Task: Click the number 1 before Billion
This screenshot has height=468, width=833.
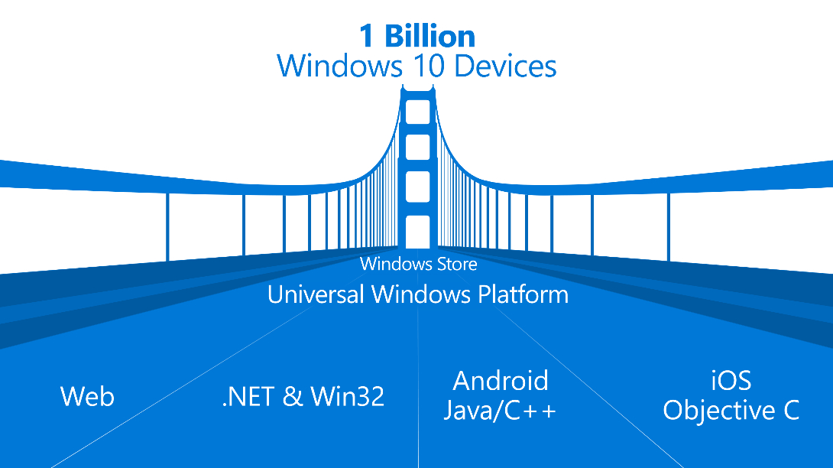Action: (x=367, y=36)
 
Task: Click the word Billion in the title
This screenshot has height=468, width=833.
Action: (x=429, y=36)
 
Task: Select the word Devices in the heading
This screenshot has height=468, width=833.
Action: (x=505, y=66)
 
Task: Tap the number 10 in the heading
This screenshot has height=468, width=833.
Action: (x=428, y=67)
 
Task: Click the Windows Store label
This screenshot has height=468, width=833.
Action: (x=419, y=264)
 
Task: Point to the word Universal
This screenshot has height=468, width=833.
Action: (x=316, y=294)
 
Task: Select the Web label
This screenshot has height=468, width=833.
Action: (x=87, y=396)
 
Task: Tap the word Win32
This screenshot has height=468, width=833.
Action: (x=348, y=397)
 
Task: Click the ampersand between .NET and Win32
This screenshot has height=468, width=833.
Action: (x=292, y=397)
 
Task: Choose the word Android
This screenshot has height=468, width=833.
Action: (x=501, y=381)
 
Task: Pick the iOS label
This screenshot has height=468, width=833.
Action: (x=731, y=381)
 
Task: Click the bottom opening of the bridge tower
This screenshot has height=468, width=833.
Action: (x=417, y=232)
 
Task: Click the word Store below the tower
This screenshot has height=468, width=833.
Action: (x=456, y=265)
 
